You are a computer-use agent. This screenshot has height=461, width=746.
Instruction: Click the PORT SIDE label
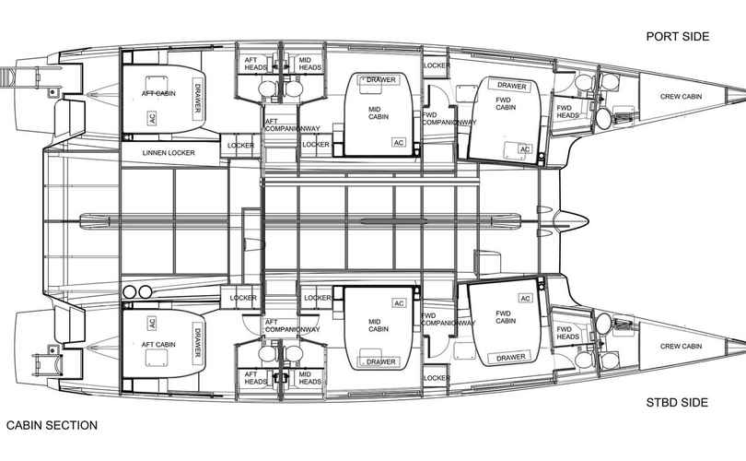coord(678,37)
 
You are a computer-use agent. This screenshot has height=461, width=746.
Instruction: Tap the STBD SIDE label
coord(677,402)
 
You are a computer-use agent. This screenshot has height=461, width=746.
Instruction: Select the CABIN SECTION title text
coord(52,425)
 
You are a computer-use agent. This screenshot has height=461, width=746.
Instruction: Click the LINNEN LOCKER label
coord(169,153)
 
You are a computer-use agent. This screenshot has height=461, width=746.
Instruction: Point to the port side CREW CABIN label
coord(681,97)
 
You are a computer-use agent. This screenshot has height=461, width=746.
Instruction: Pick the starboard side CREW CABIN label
coord(681,347)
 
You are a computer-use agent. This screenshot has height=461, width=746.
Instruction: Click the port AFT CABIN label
coord(158,93)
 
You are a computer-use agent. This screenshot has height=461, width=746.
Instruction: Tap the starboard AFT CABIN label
coord(158,344)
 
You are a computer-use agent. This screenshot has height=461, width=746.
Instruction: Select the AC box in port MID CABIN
coord(399,142)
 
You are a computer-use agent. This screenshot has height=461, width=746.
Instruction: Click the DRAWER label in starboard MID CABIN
coord(380,362)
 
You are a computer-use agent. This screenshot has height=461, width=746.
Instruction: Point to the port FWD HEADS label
coord(567,112)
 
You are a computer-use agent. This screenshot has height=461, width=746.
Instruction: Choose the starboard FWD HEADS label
coord(567,333)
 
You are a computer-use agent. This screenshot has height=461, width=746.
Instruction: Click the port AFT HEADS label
coord(255,64)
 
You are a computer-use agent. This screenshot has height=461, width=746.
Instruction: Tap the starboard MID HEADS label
coord(309,378)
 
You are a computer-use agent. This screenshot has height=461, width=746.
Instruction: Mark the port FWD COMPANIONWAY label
coord(449,119)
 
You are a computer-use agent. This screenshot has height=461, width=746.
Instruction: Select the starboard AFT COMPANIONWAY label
coord(292,325)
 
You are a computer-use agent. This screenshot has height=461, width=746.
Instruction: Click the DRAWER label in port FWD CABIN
coord(511,86)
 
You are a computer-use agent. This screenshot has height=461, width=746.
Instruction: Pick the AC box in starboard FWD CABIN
coord(525,298)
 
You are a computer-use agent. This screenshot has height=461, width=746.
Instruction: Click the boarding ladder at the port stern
coord(8,76)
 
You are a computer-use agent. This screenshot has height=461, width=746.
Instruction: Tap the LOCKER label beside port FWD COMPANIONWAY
coord(437,65)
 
